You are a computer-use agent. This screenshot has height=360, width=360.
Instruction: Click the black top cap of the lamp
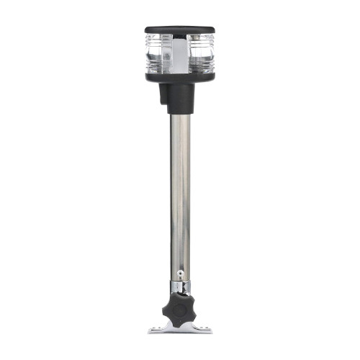180,30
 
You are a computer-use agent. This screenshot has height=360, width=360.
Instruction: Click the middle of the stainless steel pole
181,194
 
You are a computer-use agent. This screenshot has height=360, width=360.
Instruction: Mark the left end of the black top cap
148,31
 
